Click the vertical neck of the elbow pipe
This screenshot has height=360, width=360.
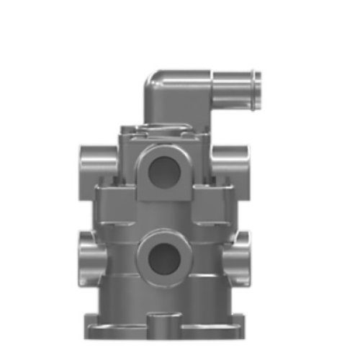pos(158,108)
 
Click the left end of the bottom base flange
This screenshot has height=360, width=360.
pos(94,324)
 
